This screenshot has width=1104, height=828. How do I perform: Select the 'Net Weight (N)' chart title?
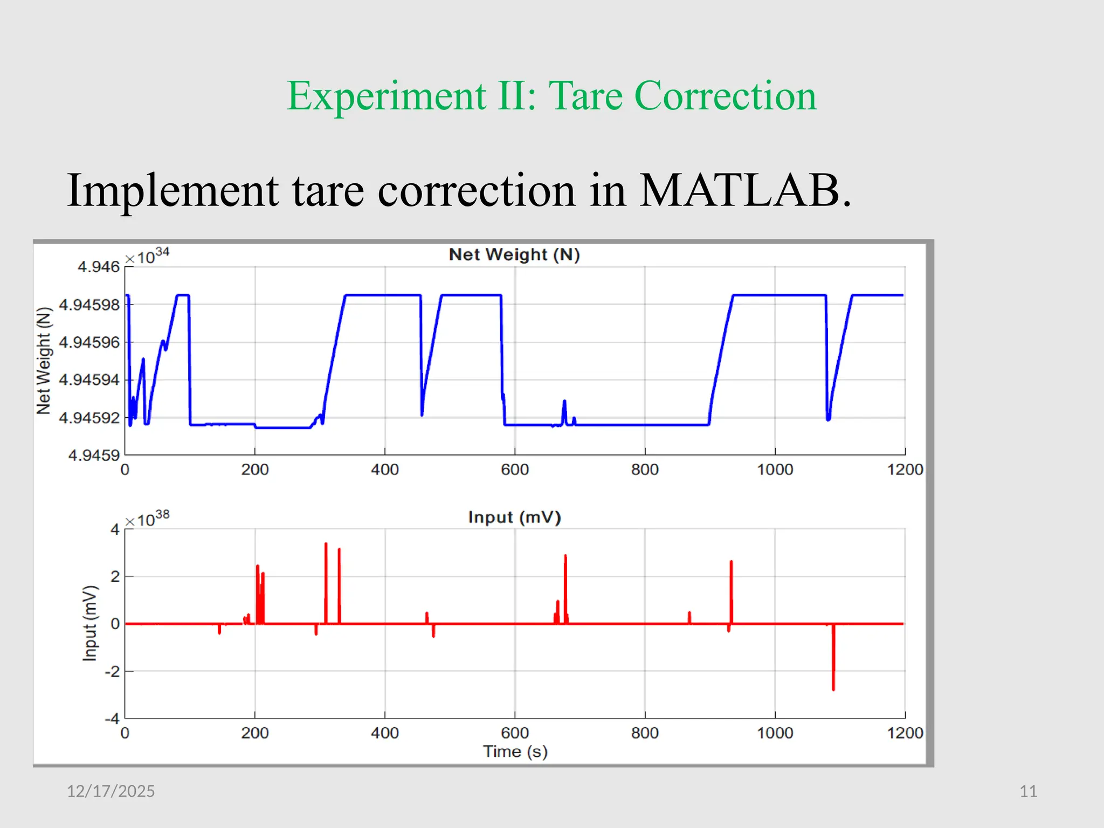514,254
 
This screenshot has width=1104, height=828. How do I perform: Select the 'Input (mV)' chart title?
514,517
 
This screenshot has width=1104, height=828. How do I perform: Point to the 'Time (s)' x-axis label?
515,751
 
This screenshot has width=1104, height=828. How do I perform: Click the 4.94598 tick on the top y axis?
89,305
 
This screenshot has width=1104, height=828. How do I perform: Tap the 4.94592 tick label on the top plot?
89,418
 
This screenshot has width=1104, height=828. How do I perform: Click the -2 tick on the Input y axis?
112,672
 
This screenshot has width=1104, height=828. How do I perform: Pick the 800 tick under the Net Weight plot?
645,470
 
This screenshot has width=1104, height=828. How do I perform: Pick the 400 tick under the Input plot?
385,733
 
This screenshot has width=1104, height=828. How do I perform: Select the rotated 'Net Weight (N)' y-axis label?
44,361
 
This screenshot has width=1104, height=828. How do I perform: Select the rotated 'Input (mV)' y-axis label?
90,623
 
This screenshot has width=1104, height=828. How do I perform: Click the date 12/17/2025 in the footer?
111,791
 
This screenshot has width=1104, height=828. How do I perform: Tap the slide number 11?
1028,791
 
